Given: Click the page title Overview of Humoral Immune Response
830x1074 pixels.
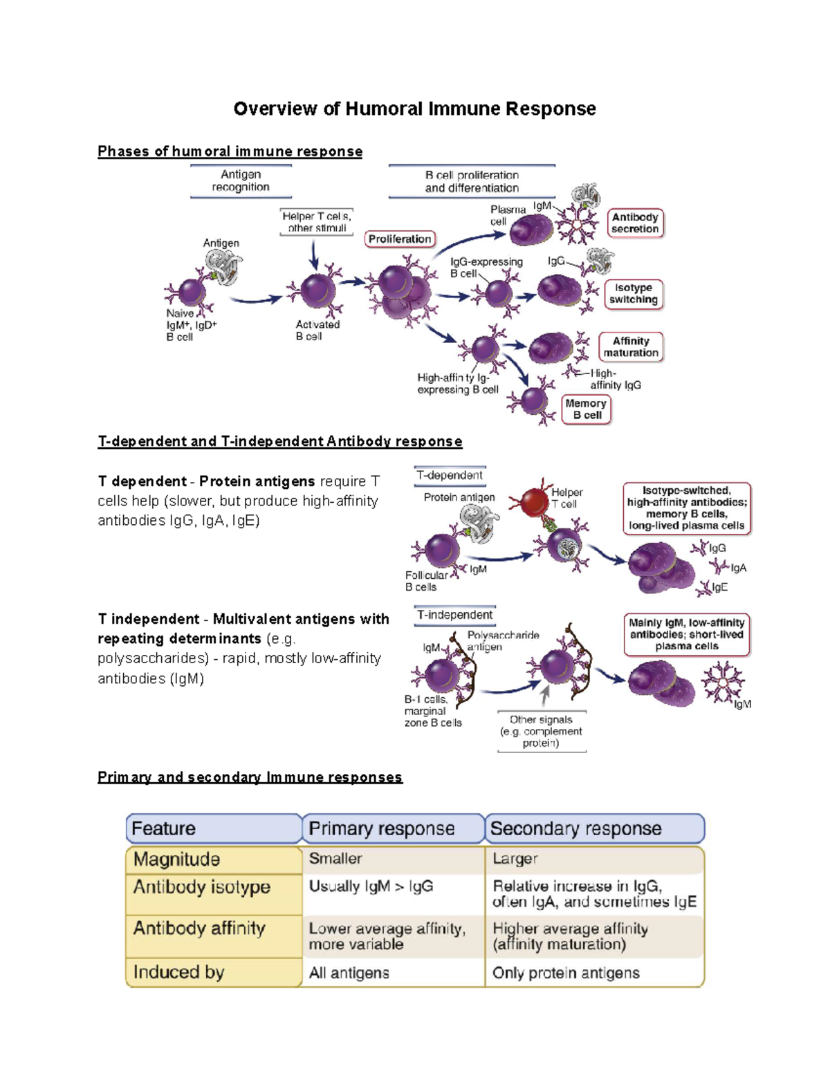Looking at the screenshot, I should point(414,109).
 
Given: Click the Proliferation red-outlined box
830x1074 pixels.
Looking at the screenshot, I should point(400,239).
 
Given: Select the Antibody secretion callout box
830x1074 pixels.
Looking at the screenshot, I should point(635,223).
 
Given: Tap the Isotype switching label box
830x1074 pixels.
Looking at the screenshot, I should point(633,294).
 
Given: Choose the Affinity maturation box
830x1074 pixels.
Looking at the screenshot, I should point(631,347).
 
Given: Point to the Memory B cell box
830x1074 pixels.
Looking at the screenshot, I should point(586,409).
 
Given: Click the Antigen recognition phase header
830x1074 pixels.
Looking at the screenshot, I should point(241,181).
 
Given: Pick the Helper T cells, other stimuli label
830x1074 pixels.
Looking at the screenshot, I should point(317,222).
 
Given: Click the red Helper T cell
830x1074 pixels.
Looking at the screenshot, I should point(534,503).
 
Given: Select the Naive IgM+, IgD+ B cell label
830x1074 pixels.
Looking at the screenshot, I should point(190,325).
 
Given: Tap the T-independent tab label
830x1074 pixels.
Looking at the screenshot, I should point(454,615).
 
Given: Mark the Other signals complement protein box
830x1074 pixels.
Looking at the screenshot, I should point(541,732).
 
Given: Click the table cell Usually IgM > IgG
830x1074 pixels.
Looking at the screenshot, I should point(371,887).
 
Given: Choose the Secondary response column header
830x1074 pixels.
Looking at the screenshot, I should point(575,828).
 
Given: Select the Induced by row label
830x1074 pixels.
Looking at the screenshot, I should point(179,972).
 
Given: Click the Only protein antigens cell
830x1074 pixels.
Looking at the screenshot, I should point(566,973).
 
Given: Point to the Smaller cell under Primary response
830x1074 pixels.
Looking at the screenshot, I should point(335,859).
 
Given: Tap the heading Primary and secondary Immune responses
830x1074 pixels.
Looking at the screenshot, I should point(250,777).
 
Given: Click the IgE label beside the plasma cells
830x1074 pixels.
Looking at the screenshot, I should point(720,587).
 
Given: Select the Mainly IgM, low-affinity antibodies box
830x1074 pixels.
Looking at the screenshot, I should point(687,634).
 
